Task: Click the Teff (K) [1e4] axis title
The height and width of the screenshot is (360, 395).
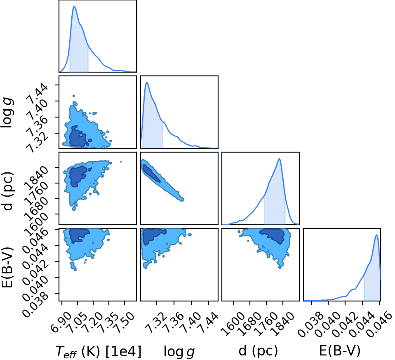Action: [x=99, y=351]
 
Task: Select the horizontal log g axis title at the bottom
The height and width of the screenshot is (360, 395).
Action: [x=179, y=351]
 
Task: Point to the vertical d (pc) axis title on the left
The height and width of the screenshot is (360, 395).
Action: [x=8, y=191]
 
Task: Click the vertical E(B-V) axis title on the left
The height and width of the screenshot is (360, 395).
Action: [x=8, y=267]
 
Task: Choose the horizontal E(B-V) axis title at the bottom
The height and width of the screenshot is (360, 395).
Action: [x=340, y=351]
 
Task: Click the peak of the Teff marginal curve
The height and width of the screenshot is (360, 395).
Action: [x=74, y=6]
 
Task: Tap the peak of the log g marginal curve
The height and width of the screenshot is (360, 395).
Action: [x=147, y=82]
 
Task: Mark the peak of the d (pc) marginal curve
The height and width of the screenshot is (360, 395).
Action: [x=279, y=159]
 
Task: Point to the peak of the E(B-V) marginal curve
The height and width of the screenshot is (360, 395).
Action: [x=376, y=235]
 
